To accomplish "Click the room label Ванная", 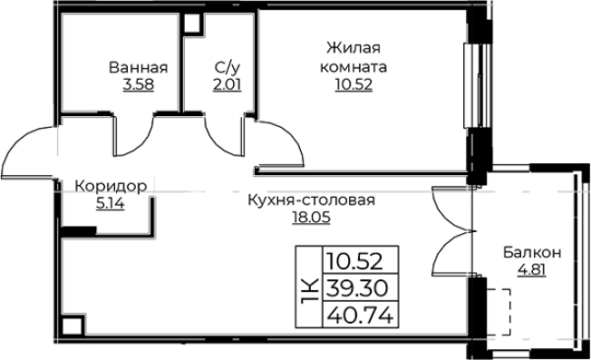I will pyautogui.click(x=139, y=68).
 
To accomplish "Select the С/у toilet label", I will pyautogui.click(x=227, y=68).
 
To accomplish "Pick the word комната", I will pyautogui.click(x=353, y=67).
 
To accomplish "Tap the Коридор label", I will pyautogui.click(x=110, y=185).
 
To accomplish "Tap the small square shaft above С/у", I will pyautogui.click(x=192, y=24).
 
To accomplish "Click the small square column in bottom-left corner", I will pyautogui.click(x=70, y=325).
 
